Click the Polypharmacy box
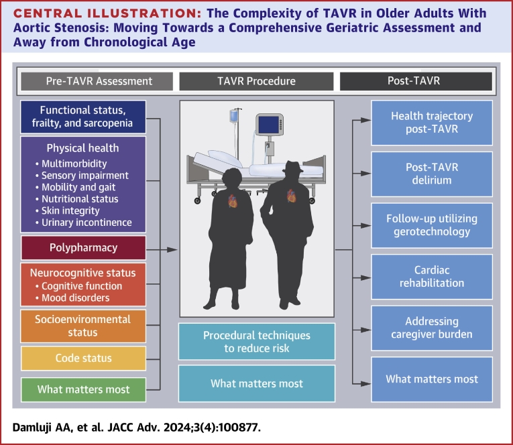coord(83,248)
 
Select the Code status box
coord(83,359)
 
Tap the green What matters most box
coord(83,389)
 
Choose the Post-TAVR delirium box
coord(432,174)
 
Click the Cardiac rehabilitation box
coord(432,277)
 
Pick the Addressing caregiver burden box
coord(432,328)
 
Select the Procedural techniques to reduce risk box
coord(257,342)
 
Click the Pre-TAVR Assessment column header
coord(97,81)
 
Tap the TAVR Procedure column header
coord(256,81)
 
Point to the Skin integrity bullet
coord(68,211)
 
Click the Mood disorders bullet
coord(72,298)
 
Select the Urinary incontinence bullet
coord(83,222)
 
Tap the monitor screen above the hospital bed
coord(268,125)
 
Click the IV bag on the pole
coord(233,116)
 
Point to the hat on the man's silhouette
coord(292,168)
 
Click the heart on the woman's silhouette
coord(233,201)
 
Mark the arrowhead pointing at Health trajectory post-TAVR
coord(365,121)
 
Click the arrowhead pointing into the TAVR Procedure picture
coord(172,250)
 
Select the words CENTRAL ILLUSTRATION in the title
coord(107,13)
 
